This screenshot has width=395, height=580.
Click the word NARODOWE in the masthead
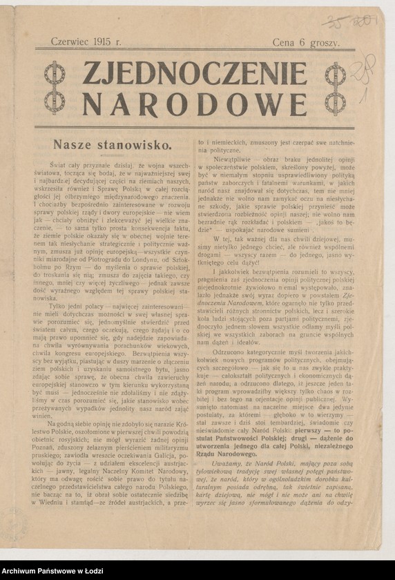pos(194,104)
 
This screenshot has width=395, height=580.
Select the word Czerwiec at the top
pos(70,42)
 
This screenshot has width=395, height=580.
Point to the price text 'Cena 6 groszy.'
pos(306,43)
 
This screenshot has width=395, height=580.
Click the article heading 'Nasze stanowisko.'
pos(112,145)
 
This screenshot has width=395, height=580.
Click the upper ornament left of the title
pos(55,73)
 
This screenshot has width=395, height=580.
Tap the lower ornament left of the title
pos(55,101)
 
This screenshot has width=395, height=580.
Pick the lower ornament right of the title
pos(336,102)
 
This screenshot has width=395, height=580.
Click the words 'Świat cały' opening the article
pos(76,165)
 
